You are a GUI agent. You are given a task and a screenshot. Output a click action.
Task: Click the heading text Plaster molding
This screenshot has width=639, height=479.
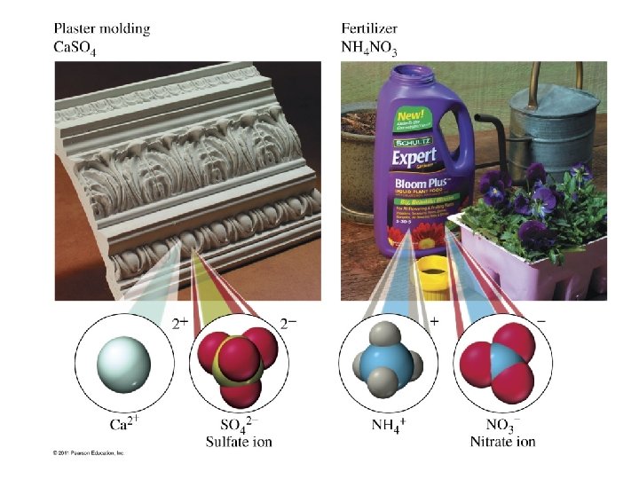102,28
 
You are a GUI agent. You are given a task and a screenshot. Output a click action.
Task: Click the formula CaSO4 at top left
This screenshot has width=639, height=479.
75,48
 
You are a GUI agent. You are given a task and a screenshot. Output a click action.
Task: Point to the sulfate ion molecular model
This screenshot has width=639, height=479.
235,365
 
